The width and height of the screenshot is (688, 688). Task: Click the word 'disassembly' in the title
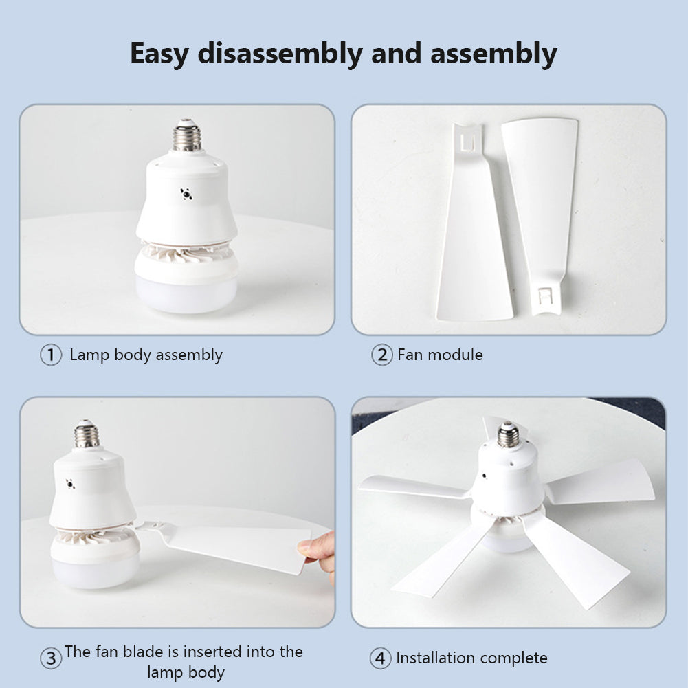[x=280, y=54]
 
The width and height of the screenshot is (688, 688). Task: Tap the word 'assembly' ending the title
[x=493, y=54]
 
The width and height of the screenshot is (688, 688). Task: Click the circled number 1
[x=51, y=355]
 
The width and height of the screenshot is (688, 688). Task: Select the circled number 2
[x=381, y=355]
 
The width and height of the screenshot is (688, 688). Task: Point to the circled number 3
[x=51, y=658]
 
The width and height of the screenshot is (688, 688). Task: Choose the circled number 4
[x=380, y=658]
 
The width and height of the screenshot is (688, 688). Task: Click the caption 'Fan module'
[x=440, y=355]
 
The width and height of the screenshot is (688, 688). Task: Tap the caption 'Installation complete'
[x=471, y=658]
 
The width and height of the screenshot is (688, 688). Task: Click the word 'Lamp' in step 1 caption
[x=89, y=355]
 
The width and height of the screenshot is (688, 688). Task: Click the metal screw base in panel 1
[x=186, y=135]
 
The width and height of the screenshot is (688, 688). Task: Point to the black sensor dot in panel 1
[x=186, y=194]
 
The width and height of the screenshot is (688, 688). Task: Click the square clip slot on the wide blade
[x=467, y=142]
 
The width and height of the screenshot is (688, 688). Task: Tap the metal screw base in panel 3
[x=87, y=434]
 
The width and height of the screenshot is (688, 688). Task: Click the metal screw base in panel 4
[x=508, y=435]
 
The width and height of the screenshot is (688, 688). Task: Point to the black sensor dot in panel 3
[x=70, y=484]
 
